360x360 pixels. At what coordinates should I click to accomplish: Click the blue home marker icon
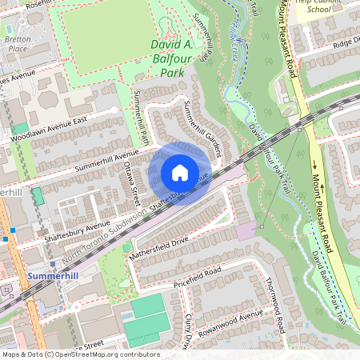180,173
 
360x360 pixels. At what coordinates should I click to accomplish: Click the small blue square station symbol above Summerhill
53,263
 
